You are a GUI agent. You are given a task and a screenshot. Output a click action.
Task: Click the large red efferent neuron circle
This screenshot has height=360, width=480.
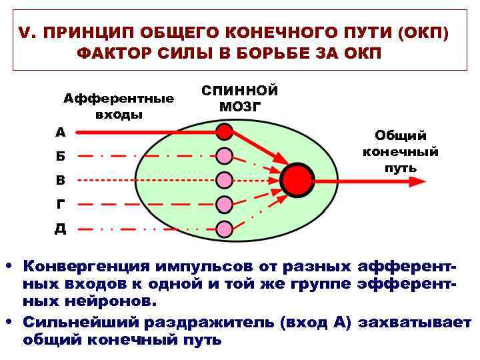pos(297,179)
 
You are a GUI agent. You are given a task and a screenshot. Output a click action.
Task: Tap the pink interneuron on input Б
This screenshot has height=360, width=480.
pos(225,156)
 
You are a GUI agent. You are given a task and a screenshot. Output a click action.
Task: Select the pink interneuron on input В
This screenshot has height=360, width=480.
pos(225,179)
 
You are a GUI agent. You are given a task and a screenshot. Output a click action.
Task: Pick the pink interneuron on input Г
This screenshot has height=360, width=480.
pos(225,204)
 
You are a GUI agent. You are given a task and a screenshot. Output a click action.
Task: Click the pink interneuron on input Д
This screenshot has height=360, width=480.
pos(225,228)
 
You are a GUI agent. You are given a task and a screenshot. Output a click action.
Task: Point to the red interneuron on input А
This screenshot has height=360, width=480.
pos(225,133)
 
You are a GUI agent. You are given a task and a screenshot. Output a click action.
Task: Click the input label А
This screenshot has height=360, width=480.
pos(61,132)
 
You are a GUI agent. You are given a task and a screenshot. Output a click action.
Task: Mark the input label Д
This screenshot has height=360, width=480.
pos(61,229)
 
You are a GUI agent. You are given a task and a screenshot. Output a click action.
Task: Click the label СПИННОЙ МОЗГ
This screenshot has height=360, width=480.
pos(239,98)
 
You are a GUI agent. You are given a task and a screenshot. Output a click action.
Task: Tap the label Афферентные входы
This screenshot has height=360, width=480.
pos(119,106)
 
